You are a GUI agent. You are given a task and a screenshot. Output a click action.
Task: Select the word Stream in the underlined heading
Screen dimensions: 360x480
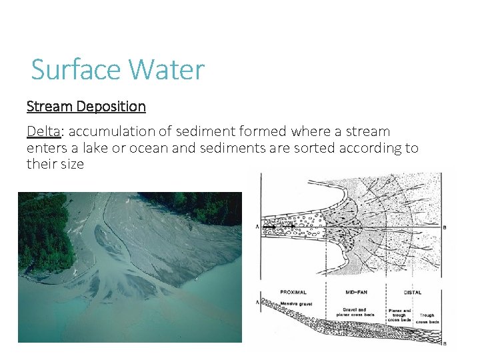tap(49, 106)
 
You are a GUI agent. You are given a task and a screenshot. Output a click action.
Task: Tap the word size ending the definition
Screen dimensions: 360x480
tap(70, 164)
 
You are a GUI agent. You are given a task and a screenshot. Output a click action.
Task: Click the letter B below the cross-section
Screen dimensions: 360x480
tap(445, 343)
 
